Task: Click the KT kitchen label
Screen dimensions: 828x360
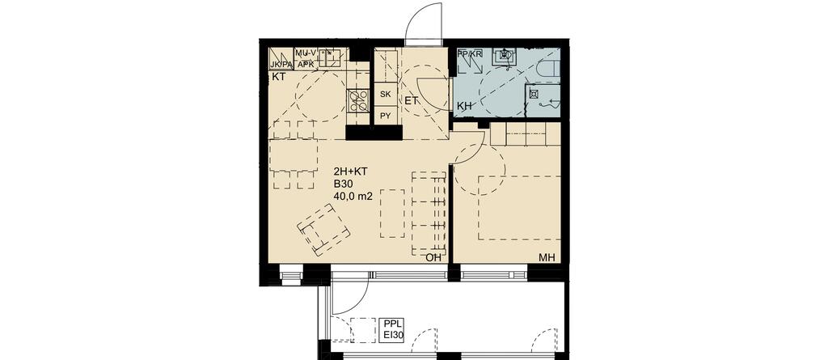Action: click(278, 77)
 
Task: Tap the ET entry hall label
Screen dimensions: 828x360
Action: click(412, 100)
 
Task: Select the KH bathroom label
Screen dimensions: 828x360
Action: click(464, 106)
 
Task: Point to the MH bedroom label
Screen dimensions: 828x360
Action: click(547, 258)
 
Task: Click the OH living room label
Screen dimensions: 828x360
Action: click(433, 258)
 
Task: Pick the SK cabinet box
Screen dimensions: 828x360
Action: click(386, 95)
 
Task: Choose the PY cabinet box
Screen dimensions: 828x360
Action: click(386, 116)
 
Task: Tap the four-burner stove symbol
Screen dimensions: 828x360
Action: click(358, 100)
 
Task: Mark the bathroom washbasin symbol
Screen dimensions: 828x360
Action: click(505, 56)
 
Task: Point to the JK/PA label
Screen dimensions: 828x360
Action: click(281, 65)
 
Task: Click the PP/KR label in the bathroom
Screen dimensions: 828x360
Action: click(470, 53)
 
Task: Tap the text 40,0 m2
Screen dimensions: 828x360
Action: click(353, 197)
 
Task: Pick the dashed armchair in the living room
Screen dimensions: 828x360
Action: click(324, 230)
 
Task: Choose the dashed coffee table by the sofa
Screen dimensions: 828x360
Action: click(392, 213)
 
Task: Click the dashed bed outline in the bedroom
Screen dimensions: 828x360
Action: click(519, 208)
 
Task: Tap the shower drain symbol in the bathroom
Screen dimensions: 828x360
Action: click(534, 95)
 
